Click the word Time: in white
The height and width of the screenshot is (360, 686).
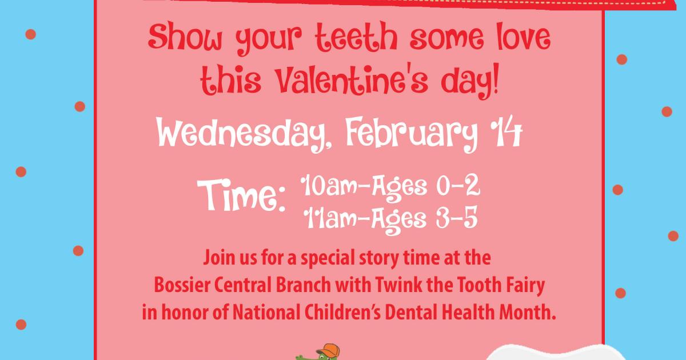coord(241,195)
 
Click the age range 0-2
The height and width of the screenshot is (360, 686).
coord(458,185)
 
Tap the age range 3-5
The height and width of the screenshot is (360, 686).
coord(457,218)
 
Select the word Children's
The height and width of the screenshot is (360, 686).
coord(342,313)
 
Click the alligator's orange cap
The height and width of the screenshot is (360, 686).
coord(328,350)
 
